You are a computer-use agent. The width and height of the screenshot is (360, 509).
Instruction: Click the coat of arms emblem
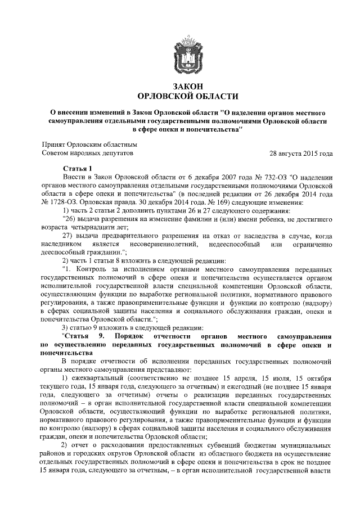pos(180,53)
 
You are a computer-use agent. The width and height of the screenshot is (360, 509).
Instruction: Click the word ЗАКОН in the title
pos(180,86)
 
